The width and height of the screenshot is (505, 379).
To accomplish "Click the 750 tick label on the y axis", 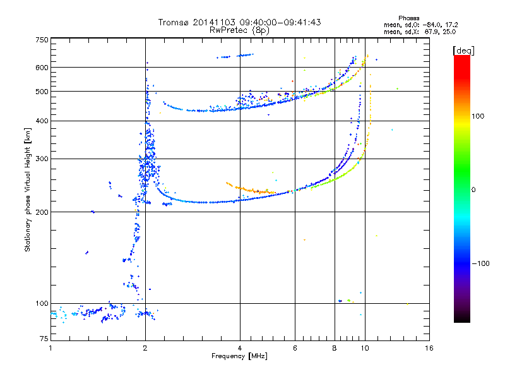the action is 42,40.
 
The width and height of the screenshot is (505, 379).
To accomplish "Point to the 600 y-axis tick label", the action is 42,68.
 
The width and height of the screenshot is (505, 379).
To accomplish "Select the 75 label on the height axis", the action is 44,339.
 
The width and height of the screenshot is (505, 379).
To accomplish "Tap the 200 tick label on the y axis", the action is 42,212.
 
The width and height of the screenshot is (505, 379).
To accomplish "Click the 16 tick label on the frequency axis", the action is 429,348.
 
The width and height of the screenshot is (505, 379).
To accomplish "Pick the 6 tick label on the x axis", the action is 295,348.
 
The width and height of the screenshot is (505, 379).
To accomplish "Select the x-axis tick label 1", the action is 50,348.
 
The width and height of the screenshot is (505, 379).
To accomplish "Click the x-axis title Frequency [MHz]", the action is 239,356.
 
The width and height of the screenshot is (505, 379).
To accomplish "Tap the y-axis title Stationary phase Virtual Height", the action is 28,189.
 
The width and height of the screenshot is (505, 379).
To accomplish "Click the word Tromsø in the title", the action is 173,22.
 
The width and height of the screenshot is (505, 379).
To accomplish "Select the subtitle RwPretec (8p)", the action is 239,30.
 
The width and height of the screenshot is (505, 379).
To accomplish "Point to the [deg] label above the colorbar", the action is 463,51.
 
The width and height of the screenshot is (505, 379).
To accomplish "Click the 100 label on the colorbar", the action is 478,116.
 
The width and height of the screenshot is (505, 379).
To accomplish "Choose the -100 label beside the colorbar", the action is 480,263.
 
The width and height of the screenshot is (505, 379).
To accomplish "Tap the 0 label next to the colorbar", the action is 473,190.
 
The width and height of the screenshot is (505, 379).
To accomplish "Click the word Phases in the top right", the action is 408,18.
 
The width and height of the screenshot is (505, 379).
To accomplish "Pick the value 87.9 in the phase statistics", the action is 432,32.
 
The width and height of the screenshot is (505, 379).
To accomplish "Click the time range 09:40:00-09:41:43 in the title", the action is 280,22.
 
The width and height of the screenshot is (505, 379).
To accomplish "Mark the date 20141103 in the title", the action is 214,22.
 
